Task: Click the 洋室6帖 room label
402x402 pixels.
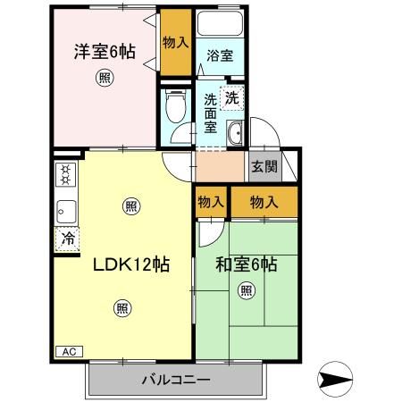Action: coord(105,51)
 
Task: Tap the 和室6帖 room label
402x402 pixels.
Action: coord(246,265)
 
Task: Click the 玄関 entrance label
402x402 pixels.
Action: coord(264,166)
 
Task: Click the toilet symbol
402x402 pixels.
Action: coord(177,107)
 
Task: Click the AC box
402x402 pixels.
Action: coord(68,352)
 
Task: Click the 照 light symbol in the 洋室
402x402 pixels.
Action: coord(105,79)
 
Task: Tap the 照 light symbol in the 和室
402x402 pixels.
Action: coord(246,289)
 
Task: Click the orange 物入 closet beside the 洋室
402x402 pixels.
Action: coord(175,43)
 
